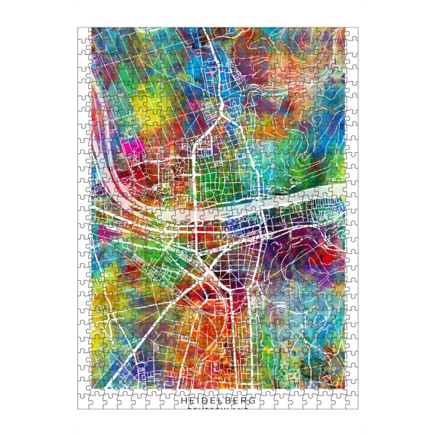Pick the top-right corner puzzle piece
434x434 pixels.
[352, 34]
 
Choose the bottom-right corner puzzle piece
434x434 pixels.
[352, 402]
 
